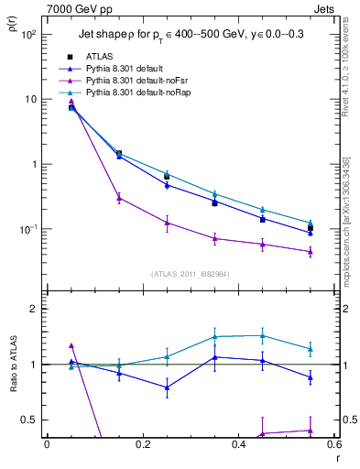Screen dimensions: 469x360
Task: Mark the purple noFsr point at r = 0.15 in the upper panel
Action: (118, 197)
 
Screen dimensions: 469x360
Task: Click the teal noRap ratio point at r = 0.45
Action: (262, 335)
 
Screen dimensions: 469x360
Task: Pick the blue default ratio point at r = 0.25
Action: (166, 387)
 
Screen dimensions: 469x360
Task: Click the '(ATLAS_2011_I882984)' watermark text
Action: (190, 274)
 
